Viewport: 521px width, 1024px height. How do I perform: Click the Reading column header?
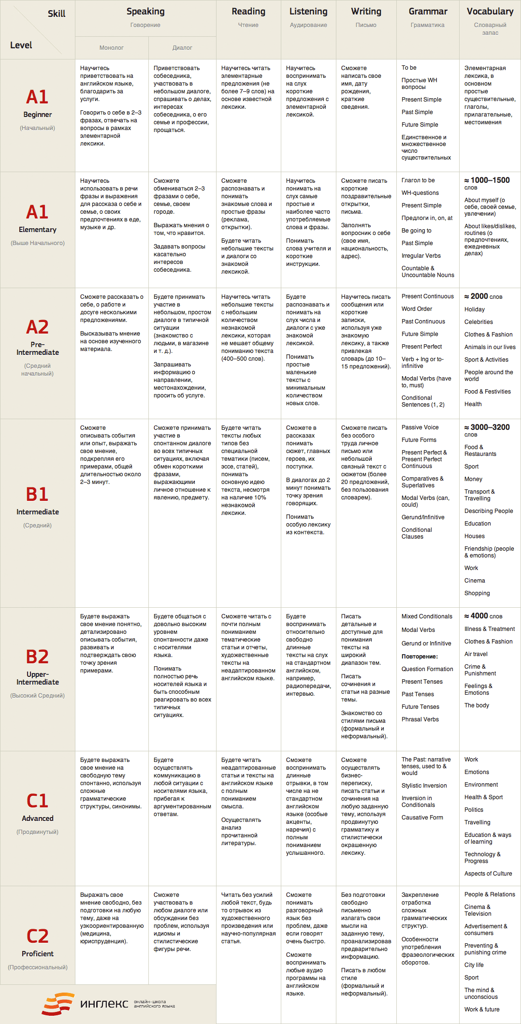pyautogui.click(x=248, y=12)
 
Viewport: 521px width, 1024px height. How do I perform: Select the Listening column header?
pyautogui.click(x=308, y=12)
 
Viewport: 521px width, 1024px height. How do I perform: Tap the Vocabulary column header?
pyautogui.click(x=490, y=12)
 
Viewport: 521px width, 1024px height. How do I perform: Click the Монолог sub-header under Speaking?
pyautogui.click(x=112, y=48)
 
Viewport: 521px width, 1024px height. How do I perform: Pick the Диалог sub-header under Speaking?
pyautogui.click(x=182, y=48)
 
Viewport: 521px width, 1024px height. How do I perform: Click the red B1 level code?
pyautogui.click(x=37, y=494)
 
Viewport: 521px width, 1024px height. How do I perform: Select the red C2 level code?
pyautogui.click(x=37, y=936)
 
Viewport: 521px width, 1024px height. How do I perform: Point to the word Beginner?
pyautogui.click(x=38, y=115)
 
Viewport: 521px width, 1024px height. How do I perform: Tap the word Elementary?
pyautogui.click(x=38, y=230)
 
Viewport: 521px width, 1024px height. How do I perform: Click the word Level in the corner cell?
pyautogui.click(x=21, y=45)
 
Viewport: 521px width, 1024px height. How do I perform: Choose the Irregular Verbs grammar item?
pyautogui.click(x=421, y=256)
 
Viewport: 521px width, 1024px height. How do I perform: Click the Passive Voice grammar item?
pyautogui.click(x=420, y=427)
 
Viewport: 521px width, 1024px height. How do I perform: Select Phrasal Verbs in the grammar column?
pyautogui.click(x=420, y=719)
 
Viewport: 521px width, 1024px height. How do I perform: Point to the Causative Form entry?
pyautogui.click(x=422, y=818)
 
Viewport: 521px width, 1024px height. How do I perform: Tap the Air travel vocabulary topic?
pyautogui.click(x=476, y=654)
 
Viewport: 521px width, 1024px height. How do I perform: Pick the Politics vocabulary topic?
pyautogui.click(x=474, y=810)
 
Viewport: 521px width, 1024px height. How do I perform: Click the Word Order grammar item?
pyautogui.click(x=417, y=309)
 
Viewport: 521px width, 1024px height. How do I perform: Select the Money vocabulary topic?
pyautogui.click(x=473, y=479)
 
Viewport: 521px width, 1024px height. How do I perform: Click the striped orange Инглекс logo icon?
pyautogui.click(x=58, y=1004)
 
